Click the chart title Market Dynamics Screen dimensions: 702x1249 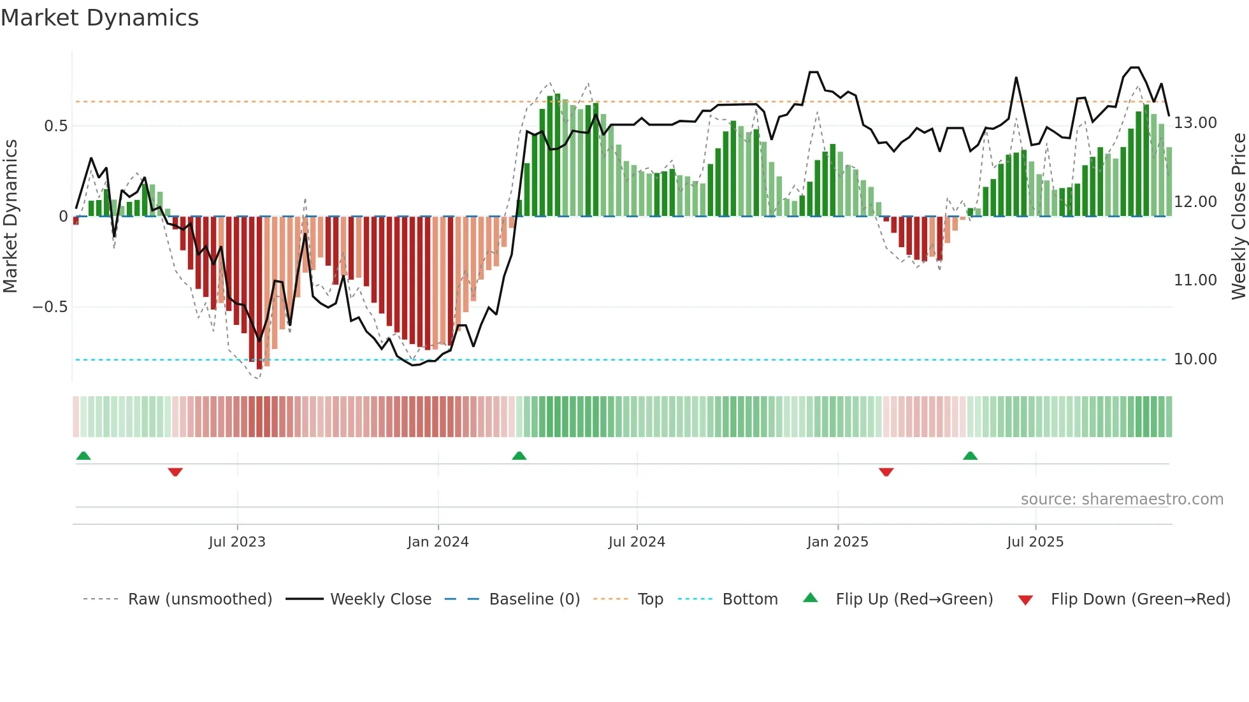tap(99, 18)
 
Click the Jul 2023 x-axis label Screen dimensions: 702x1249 tap(237, 542)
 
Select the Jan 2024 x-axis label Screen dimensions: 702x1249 tap(438, 542)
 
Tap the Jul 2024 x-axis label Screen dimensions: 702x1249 tap(637, 542)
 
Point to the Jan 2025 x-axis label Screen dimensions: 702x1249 tap(837, 542)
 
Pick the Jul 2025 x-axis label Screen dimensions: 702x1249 tap(1035, 542)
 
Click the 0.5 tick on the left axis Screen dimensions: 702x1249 tap(55, 126)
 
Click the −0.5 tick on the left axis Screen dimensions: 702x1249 tap(50, 307)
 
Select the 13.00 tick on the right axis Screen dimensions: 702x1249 tap(1195, 123)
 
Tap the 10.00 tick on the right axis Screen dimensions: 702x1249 tap(1195, 359)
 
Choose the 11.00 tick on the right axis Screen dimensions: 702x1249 tap(1195, 280)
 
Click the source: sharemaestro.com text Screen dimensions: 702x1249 tap(1122, 499)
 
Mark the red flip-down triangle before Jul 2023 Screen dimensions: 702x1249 tap(175, 471)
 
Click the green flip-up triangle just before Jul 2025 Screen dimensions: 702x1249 tap(970, 455)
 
